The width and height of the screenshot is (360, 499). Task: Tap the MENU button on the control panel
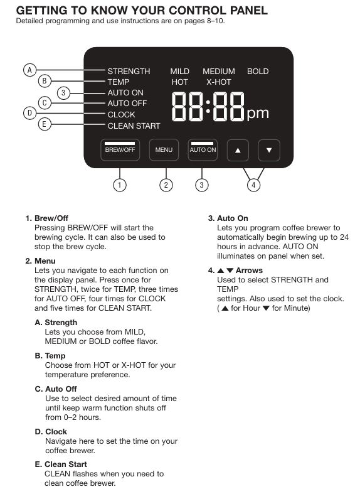[x=164, y=150]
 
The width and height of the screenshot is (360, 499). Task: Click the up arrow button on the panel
[x=238, y=150]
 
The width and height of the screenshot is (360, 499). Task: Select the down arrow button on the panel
[x=269, y=150]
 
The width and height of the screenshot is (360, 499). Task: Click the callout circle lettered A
[x=30, y=70]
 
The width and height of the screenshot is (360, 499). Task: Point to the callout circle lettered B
[x=45, y=81]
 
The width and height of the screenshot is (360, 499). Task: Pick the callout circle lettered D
[x=30, y=113]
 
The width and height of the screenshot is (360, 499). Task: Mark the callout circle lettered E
[x=45, y=124]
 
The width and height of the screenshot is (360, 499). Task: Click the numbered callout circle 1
[x=120, y=185]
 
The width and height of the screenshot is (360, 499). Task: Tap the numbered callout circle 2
[x=166, y=185]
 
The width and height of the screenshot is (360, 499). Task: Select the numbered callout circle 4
[x=253, y=185]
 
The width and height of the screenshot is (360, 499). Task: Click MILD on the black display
[x=179, y=72]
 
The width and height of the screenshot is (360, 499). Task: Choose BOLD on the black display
[x=258, y=72]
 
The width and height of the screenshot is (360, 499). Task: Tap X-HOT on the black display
[x=219, y=82]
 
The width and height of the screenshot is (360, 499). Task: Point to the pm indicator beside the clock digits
[x=258, y=114]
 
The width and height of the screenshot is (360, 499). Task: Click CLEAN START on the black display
[x=134, y=126]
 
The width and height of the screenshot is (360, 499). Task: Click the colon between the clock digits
[x=208, y=107]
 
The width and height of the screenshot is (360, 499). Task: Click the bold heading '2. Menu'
[x=40, y=261]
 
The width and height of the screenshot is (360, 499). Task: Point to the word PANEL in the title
[x=249, y=11]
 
